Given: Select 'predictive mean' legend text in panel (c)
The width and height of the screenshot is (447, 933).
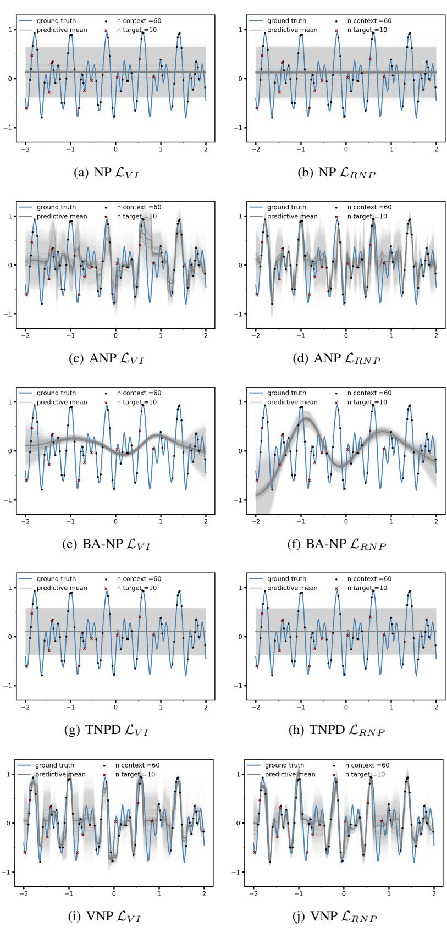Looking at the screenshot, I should click(x=62, y=216).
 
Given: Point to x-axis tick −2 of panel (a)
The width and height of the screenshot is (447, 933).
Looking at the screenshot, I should click(x=25, y=150).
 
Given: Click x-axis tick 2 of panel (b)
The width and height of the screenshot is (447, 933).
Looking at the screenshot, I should click(x=436, y=150).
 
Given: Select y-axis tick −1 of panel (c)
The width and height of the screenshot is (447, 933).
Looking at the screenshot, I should click(x=12, y=314).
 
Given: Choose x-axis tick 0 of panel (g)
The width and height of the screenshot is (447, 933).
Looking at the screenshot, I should click(x=115, y=708).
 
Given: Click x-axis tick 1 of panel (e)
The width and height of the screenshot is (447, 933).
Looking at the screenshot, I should click(x=161, y=522).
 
